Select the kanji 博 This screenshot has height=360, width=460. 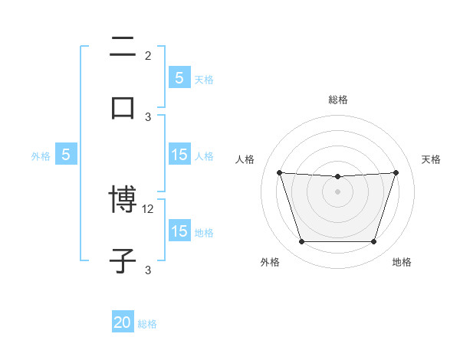(x=123, y=201)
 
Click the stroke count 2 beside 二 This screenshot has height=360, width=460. (x=148, y=55)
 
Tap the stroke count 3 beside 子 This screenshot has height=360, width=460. (x=148, y=270)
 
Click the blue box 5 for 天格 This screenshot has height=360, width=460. (x=179, y=77)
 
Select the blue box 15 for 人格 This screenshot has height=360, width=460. (x=179, y=155)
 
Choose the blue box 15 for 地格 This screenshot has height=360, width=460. (x=179, y=231)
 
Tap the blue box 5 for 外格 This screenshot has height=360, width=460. (x=66, y=155)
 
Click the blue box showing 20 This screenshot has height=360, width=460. (x=123, y=322)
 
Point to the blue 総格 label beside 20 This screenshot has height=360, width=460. (x=147, y=324)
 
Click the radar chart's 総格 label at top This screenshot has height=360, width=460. (x=338, y=100)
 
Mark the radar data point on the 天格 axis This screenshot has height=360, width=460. (x=396, y=172)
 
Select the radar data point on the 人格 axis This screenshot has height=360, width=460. (x=279, y=172)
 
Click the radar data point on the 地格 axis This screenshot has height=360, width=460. (x=374, y=242)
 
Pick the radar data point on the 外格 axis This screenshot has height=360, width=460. (x=301, y=242)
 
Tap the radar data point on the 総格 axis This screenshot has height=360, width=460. (x=338, y=177)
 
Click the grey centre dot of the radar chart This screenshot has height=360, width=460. (x=338, y=191)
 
